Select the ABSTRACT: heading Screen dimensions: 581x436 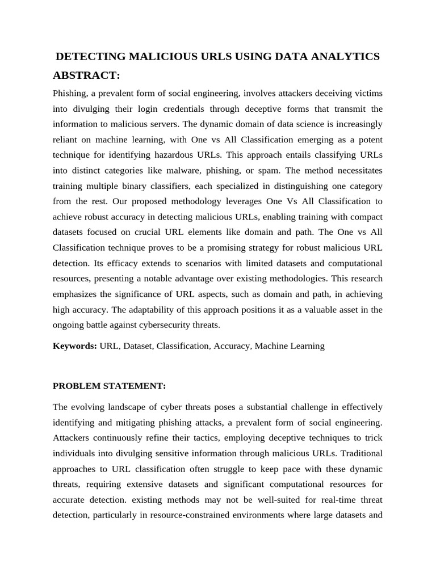[x=86, y=76]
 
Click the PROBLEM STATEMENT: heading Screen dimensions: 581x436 [x=109, y=386]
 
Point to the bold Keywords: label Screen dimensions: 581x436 [x=75, y=346]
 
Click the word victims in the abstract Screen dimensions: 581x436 [x=367, y=93]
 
